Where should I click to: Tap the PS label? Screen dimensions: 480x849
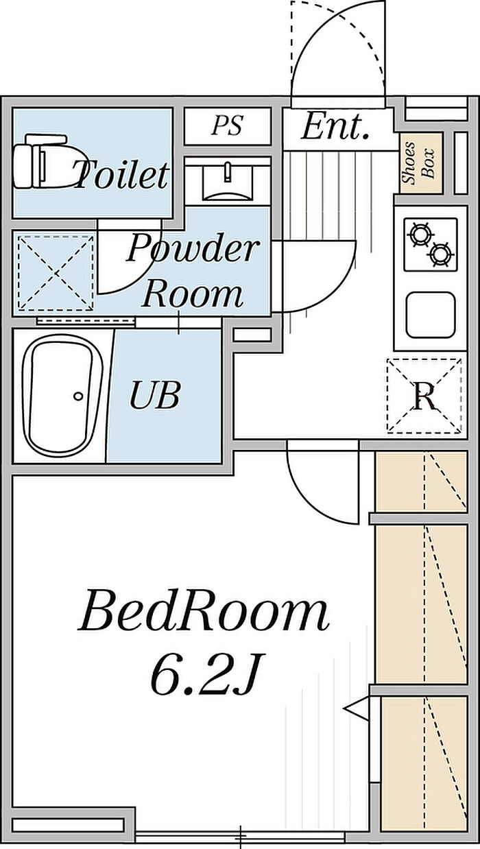(227, 125)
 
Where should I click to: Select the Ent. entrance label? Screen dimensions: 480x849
(335, 126)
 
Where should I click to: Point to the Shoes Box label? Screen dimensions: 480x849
(418, 163)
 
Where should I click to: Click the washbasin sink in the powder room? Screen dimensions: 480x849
(227, 182)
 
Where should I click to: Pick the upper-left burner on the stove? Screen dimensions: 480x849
(420, 235)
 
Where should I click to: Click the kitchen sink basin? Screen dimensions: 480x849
(431, 315)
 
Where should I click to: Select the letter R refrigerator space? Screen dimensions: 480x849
(424, 396)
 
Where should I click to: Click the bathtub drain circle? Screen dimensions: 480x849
(78, 396)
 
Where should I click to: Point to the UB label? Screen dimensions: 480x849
(154, 396)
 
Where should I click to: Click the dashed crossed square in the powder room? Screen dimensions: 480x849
(56, 273)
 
